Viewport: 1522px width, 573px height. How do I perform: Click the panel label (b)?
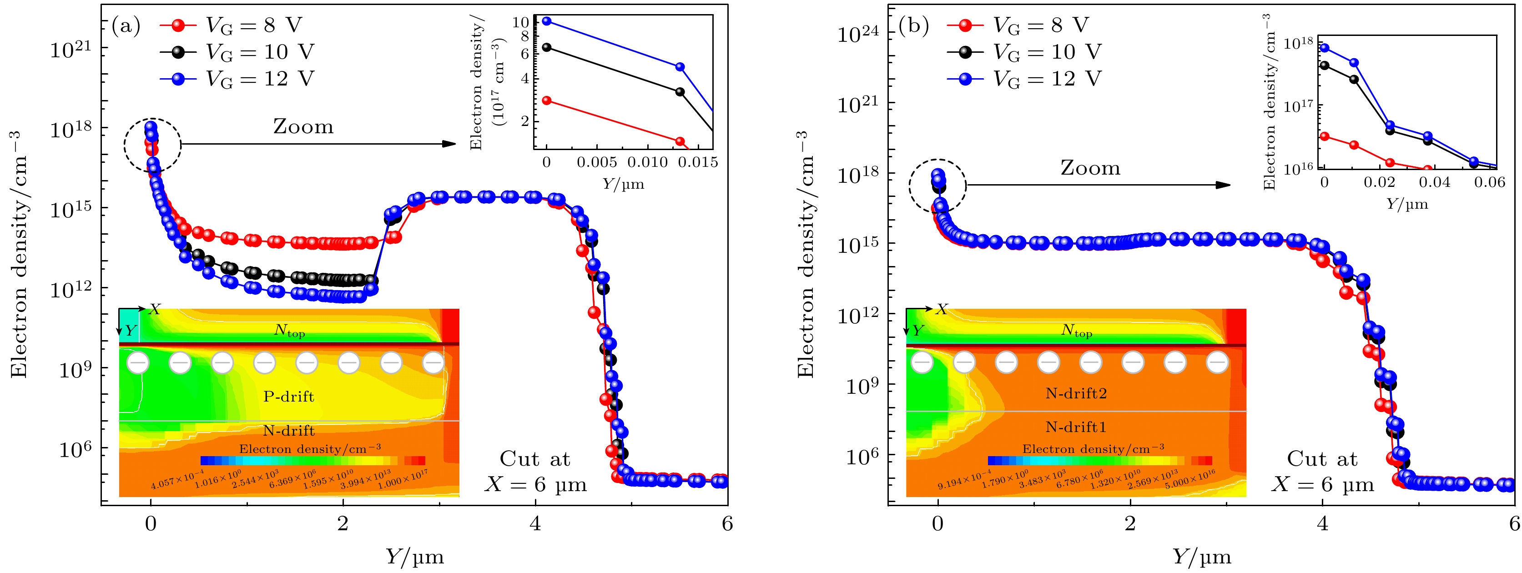913,26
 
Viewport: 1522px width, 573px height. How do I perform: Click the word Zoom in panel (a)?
303,126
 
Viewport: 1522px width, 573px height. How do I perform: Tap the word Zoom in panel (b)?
1090,168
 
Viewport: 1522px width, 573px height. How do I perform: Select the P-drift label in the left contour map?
288,397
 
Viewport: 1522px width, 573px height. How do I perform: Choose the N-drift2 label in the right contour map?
1076,393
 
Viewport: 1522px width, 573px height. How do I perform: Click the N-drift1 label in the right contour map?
1076,427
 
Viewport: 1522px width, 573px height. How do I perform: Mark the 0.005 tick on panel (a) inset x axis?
597,162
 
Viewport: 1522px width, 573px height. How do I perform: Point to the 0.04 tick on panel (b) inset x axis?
1435,182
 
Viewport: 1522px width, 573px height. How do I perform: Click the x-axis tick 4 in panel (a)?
535,524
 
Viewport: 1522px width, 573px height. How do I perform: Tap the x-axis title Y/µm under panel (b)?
1201,557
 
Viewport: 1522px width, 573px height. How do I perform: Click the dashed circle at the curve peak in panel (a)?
152,145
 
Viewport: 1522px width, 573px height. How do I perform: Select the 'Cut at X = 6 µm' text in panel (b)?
1322,472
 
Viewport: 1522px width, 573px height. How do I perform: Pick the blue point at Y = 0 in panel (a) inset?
546,21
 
